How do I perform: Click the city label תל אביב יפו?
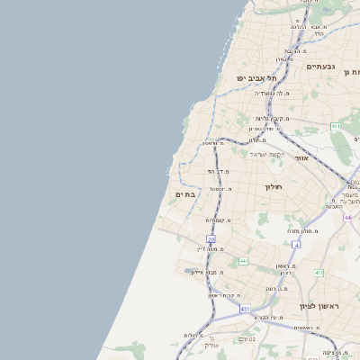[x=256, y=78]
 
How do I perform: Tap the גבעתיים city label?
[x=320, y=67]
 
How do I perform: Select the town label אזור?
[x=302, y=158]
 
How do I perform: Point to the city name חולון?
[x=274, y=186]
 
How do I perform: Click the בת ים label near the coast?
[x=185, y=194]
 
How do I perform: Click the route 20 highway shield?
[x=211, y=239]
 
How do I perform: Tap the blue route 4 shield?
[x=295, y=244]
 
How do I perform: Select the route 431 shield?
[x=245, y=309]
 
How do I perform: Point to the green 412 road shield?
[x=319, y=272]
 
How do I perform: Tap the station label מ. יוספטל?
[x=220, y=189]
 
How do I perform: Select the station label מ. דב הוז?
[x=220, y=171]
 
